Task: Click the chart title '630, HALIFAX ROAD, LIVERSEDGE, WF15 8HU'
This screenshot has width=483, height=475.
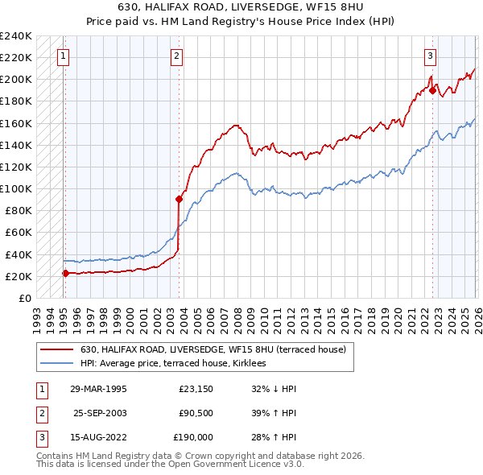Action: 241,8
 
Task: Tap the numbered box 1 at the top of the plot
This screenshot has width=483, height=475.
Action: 64,56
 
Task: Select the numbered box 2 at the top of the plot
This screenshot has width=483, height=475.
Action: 176,56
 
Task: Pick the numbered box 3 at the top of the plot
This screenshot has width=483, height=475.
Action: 431,56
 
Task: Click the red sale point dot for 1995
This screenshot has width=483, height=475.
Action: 65,273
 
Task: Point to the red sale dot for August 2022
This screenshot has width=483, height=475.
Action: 432,91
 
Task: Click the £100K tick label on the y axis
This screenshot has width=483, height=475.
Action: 17,189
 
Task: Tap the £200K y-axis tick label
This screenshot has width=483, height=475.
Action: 17,80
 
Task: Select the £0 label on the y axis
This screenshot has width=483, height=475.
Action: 24,299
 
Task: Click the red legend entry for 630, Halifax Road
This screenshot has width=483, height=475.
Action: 213,349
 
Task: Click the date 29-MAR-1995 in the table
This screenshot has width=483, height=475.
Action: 97,389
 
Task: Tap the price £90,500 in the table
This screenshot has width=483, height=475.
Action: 196,413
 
